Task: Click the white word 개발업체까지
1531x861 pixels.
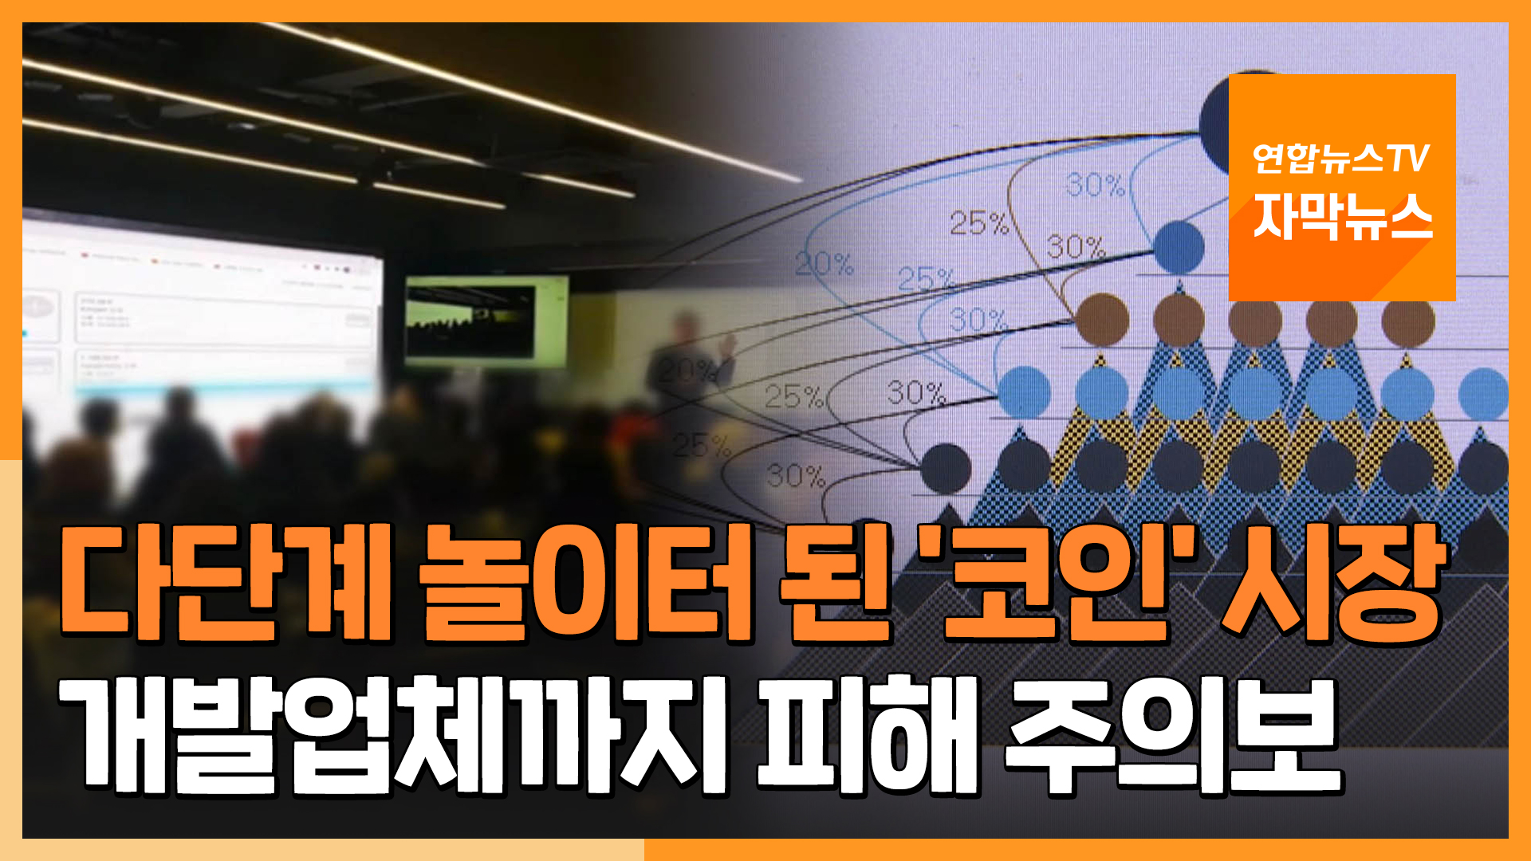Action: coord(395,733)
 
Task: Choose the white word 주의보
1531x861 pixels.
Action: coord(1172,733)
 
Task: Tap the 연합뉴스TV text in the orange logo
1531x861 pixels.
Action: coord(1340,158)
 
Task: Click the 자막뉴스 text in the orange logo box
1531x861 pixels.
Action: coord(1342,217)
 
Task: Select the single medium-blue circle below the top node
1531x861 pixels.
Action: coord(1179,246)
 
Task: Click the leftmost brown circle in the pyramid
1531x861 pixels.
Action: coord(1102,319)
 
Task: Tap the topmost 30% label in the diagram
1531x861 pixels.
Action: coord(1094,186)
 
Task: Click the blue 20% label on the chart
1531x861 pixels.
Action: coord(824,264)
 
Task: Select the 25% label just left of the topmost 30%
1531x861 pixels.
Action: coord(978,223)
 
